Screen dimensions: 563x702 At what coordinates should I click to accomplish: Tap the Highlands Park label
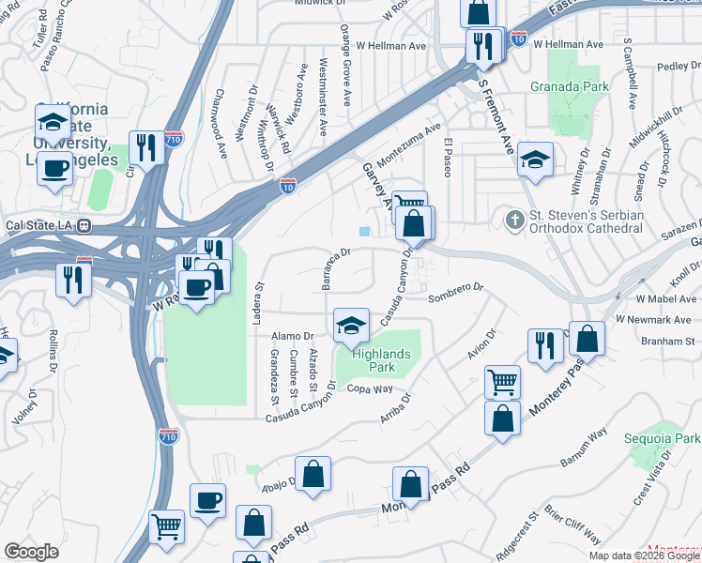(374, 360)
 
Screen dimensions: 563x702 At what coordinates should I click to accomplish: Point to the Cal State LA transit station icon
(84, 225)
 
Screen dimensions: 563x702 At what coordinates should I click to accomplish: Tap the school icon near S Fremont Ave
(536, 159)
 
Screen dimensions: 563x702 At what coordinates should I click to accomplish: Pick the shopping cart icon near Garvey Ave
(409, 204)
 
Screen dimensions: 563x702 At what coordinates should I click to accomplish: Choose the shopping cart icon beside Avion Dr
(502, 382)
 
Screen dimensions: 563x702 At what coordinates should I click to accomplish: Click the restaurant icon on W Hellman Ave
(484, 46)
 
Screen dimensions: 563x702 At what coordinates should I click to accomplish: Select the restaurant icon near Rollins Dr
(73, 279)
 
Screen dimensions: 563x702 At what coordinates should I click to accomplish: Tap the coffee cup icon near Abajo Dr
(207, 499)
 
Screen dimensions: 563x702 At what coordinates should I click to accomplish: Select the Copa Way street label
(369, 388)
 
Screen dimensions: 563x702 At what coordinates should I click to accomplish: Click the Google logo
(31, 551)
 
